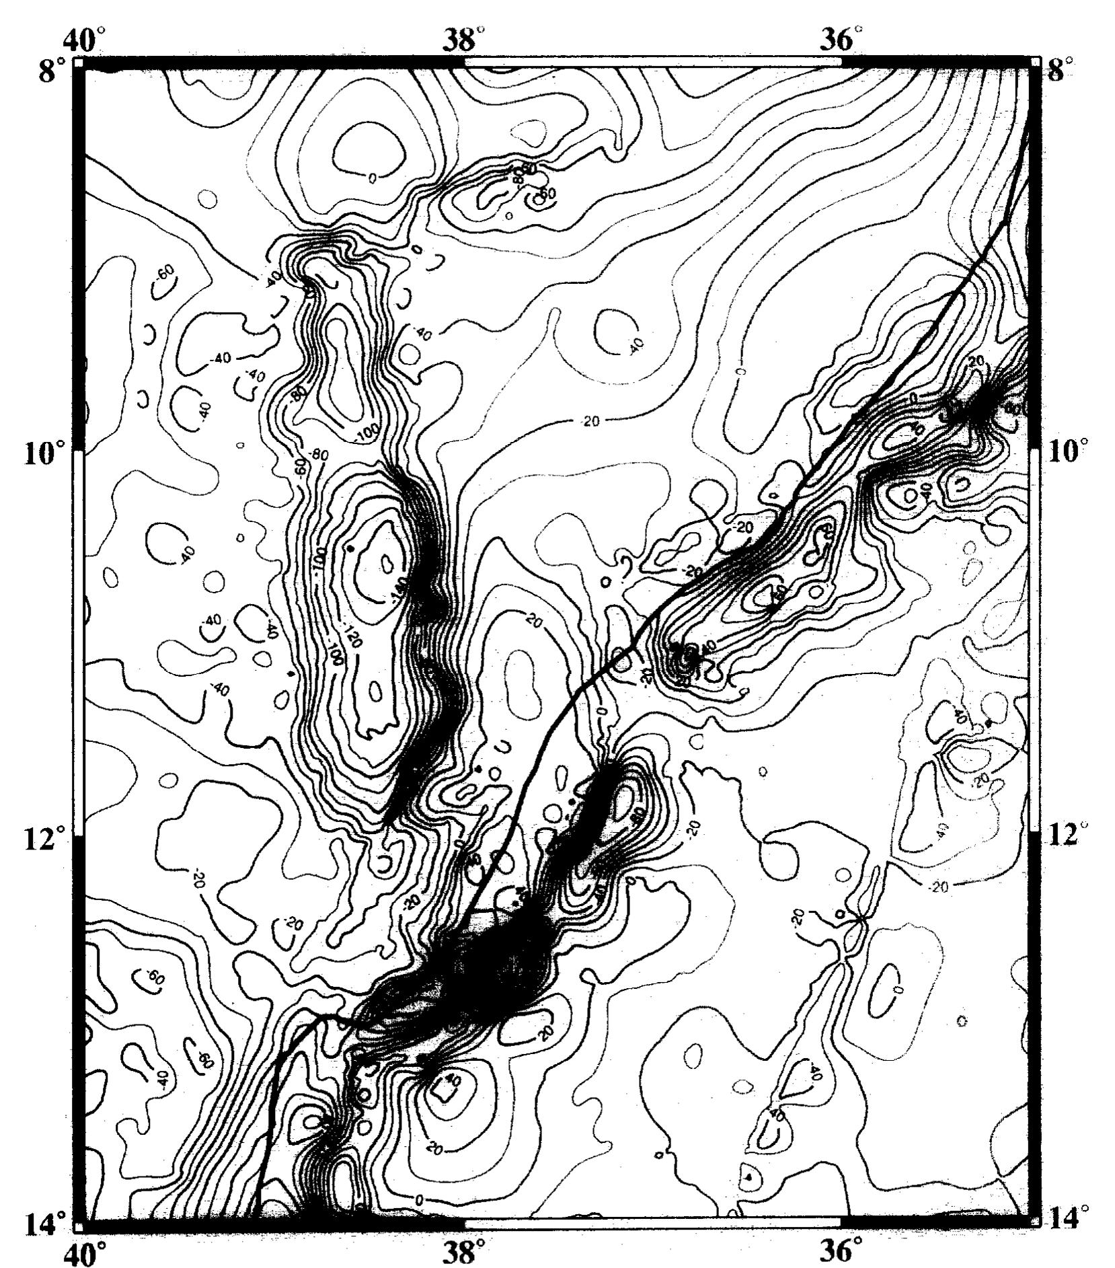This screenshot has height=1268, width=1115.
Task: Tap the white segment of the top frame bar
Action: (x=652, y=62)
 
